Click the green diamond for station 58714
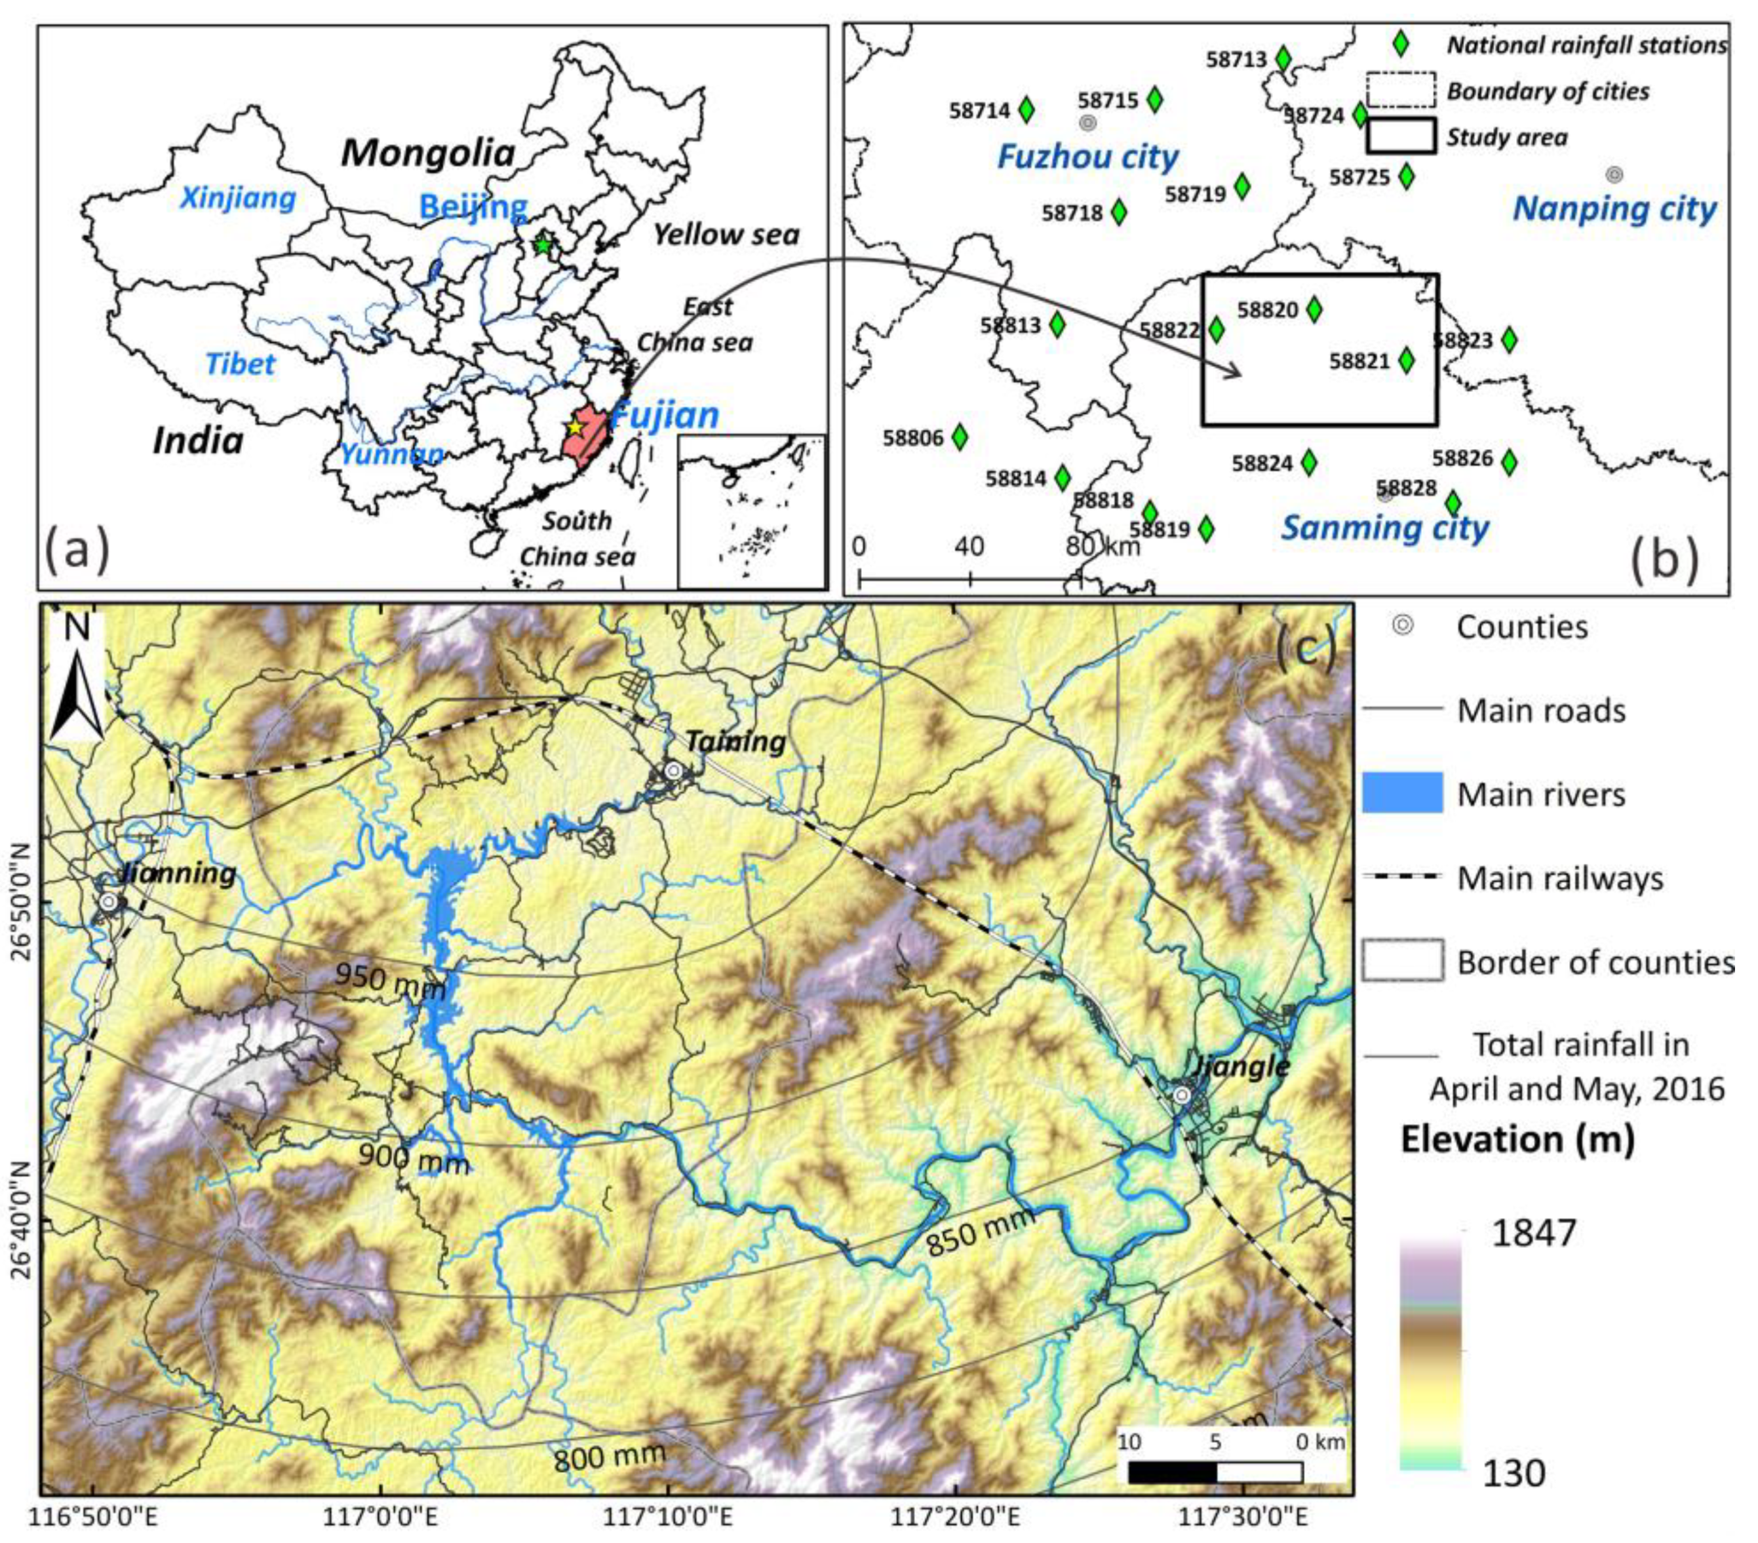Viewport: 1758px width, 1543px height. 1025,110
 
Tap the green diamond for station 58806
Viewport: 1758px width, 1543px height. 959,437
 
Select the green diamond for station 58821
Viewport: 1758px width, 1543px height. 1405,361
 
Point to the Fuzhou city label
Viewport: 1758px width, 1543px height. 1087,157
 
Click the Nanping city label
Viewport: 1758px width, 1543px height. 1614,209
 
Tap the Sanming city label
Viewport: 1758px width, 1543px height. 1385,527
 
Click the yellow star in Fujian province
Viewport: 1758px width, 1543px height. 575,427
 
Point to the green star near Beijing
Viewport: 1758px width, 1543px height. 542,244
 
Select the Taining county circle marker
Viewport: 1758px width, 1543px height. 674,771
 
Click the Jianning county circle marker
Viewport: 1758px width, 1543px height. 108,901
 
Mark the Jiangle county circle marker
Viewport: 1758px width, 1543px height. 1182,1095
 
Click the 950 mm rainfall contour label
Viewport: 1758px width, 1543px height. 389,981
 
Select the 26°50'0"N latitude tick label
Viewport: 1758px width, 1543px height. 20,903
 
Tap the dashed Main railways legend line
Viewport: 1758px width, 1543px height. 1402,876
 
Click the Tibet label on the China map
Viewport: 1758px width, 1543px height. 240,364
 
